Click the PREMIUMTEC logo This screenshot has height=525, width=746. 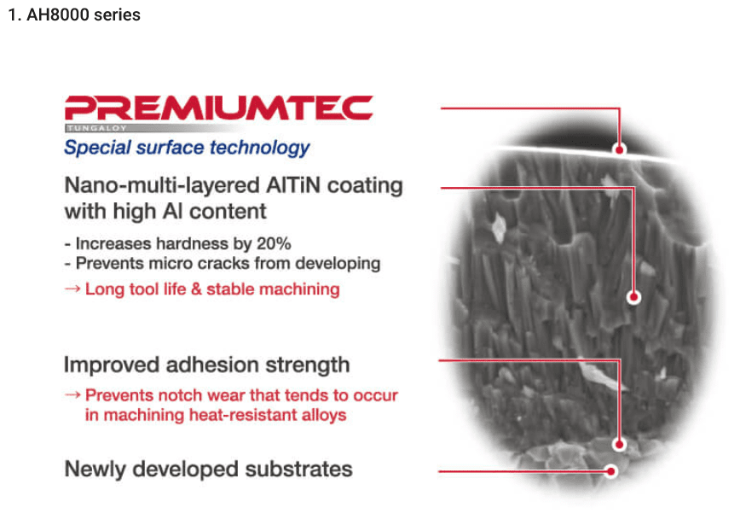click(x=218, y=108)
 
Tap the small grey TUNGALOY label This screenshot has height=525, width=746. click(x=96, y=128)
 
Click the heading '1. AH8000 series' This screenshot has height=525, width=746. click(x=74, y=15)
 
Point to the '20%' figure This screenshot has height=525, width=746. click(x=274, y=244)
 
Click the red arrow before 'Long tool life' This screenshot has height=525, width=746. click(x=72, y=289)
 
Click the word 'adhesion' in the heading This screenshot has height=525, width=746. click(x=211, y=365)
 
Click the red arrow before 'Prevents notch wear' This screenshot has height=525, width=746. click(x=72, y=395)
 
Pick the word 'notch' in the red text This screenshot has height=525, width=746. click(x=182, y=395)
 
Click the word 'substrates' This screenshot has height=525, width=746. click(x=298, y=470)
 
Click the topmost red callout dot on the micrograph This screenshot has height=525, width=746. click(x=619, y=149)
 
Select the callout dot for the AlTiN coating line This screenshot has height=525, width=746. click(x=633, y=298)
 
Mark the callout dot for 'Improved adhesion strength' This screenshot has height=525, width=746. click(x=619, y=445)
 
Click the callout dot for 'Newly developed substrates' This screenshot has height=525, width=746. click(x=611, y=471)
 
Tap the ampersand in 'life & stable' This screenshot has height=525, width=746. click(x=195, y=289)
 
